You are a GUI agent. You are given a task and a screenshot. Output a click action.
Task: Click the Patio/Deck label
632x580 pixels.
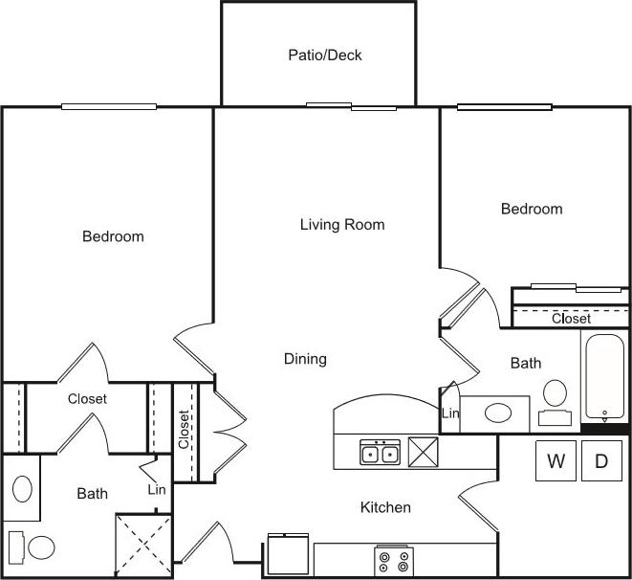pos(325,56)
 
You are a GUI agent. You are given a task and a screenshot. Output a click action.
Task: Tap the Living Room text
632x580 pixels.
pos(342,225)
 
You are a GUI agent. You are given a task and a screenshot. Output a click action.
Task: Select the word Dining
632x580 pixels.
pos(305,359)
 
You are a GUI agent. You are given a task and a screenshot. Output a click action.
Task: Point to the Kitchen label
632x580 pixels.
pos(385,507)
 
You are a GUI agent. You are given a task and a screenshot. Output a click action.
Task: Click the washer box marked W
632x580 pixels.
pos(556,461)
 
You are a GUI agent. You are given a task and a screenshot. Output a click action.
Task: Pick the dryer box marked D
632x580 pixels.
pos(601,461)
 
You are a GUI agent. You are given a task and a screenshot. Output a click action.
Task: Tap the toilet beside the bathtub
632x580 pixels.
pos(554,400)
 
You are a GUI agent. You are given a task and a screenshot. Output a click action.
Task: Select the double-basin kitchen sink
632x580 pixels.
pos(380,453)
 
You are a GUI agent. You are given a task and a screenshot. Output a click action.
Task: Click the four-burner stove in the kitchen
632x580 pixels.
pos(393,560)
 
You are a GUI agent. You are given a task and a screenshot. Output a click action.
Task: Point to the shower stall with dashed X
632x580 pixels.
pos(142,546)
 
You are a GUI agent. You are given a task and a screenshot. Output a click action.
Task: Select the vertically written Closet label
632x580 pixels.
pos(184,430)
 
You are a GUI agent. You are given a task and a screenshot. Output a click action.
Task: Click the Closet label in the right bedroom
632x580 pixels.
pos(571,319)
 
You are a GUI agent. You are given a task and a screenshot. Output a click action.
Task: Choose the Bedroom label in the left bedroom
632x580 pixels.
pos(113,236)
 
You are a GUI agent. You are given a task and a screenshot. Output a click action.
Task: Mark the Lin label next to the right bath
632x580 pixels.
pos(449,413)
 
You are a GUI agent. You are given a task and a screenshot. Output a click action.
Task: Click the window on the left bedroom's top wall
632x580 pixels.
pos(109,106)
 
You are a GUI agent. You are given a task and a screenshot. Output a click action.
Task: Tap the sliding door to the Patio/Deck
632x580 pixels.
pos(351,106)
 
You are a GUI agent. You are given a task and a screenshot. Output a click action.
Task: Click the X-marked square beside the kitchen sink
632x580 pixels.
pos(423,451)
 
